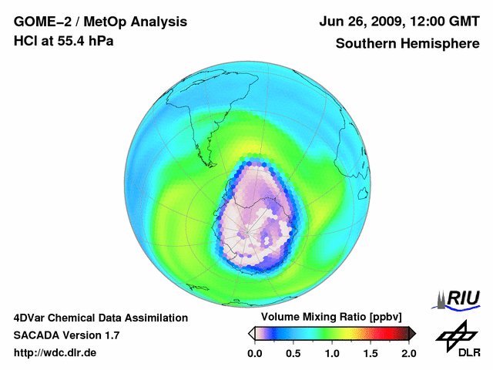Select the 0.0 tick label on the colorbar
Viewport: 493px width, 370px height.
coord(255,353)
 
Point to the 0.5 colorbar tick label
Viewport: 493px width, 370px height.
coord(293,353)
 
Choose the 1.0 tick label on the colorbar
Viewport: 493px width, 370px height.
coord(332,353)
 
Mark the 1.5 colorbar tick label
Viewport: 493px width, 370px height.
coord(371,353)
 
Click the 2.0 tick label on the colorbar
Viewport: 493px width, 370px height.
coord(408,353)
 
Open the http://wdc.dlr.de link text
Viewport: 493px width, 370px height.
coord(55,353)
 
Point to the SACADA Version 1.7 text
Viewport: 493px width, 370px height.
coord(66,335)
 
